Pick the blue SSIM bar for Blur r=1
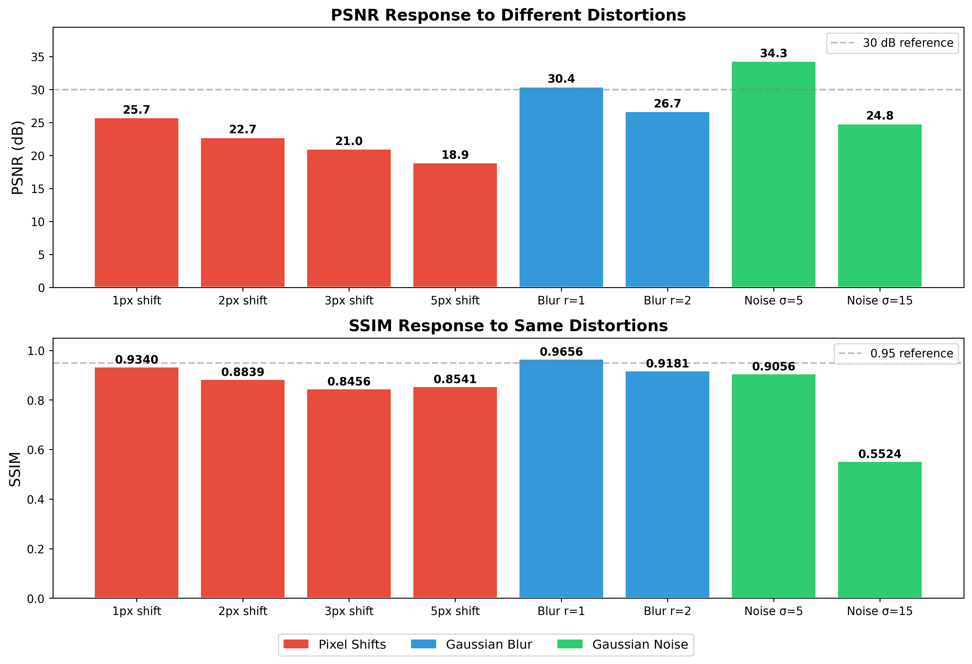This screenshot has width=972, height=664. point(561,478)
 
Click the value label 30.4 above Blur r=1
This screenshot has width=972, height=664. point(561,79)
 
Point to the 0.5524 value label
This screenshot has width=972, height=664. point(880,454)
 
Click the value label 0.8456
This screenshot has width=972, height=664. point(349,381)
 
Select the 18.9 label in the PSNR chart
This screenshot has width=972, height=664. point(455,155)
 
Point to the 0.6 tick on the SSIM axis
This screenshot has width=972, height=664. point(36,450)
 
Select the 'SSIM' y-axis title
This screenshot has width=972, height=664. point(15,469)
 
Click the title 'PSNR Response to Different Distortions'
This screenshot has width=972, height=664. point(508,15)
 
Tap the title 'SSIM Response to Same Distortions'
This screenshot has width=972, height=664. point(508,326)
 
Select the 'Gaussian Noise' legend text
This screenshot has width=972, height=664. point(640,644)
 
